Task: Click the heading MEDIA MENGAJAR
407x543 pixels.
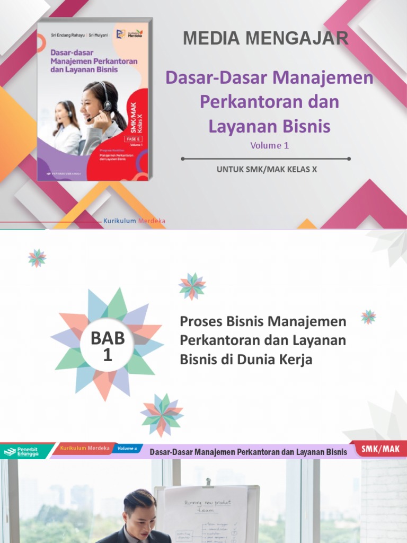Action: coord(266,38)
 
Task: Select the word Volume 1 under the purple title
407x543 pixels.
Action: coord(270,145)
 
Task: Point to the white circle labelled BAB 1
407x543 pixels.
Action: coord(107,345)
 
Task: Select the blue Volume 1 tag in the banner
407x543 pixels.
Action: coord(128,449)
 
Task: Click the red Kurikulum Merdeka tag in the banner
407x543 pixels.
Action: coord(85,449)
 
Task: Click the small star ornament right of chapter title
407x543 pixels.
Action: coord(368,317)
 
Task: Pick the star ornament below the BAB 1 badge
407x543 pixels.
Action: coord(162,415)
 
